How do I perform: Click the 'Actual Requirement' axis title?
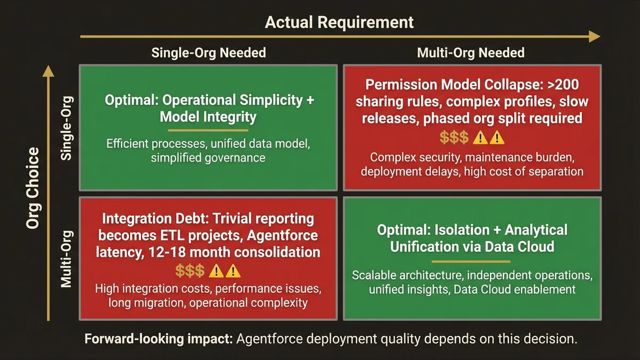(x=339, y=22)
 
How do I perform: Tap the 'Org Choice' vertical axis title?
(x=33, y=188)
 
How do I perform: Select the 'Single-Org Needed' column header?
(x=209, y=52)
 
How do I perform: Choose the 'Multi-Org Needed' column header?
(x=470, y=52)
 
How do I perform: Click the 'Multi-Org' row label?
(x=67, y=259)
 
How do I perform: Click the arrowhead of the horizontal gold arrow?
(x=594, y=36)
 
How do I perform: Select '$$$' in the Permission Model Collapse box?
(x=454, y=138)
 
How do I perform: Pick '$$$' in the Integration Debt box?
(x=190, y=271)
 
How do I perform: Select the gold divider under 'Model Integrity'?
(x=208, y=130)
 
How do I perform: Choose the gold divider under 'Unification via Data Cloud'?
(x=471, y=261)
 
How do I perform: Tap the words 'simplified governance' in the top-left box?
(x=207, y=158)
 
